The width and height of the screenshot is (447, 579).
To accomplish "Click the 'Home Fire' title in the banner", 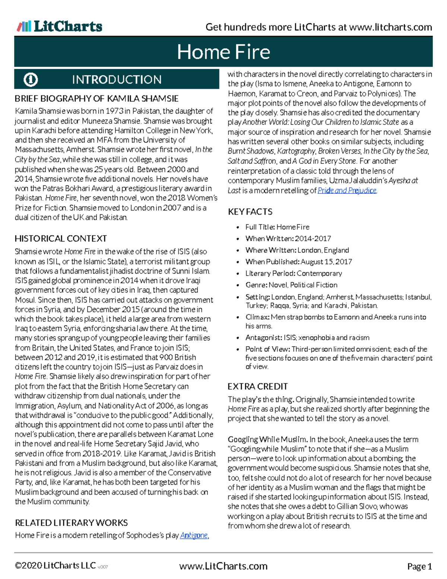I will [x=223, y=52].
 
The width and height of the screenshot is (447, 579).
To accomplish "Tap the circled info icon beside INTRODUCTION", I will [x=31, y=79].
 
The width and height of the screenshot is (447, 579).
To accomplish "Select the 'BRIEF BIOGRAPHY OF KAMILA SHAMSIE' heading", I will [x=96, y=98].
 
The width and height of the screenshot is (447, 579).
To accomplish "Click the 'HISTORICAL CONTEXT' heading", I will [x=61, y=239].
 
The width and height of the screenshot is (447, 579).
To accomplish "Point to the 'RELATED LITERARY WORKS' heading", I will [x=71, y=523].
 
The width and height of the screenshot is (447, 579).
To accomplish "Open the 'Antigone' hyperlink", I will [x=194, y=535].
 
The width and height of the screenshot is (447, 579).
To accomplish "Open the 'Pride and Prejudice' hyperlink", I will [x=347, y=191].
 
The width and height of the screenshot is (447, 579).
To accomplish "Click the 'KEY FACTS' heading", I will [x=250, y=212].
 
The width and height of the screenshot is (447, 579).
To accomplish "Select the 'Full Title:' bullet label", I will [x=260, y=227].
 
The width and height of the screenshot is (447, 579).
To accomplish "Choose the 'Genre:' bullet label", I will [x=256, y=285].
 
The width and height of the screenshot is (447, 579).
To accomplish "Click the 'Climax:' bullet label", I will [x=257, y=317].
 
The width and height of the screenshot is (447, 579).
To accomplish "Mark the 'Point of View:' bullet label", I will [x=267, y=349].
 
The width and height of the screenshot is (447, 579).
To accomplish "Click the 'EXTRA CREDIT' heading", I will [x=257, y=387].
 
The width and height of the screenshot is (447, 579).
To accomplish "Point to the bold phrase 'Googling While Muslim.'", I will [x=267, y=440].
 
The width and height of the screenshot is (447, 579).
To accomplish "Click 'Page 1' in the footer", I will [x=419, y=567].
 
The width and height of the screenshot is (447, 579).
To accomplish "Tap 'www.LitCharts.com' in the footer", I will [x=223, y=566].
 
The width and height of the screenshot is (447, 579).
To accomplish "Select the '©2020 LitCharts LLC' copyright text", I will [x=55, y=566].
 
